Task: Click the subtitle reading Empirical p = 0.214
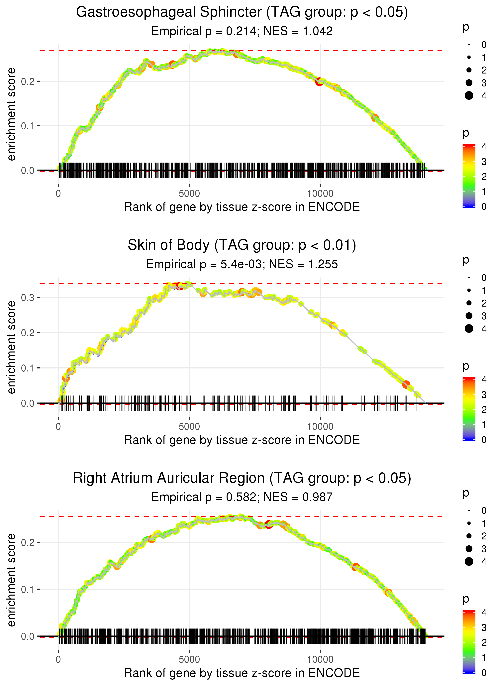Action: pyautogui.click(x=242, y=31)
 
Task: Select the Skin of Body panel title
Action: pyautogui.click(x=242, y=245)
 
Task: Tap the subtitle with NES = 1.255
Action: pyautogui.click(x=242, y=264)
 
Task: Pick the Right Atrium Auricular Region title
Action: pyautogui.click(x=242, y=478)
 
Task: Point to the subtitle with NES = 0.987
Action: pyautogui.click(x=242, y=497)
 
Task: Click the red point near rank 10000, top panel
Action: pyautogui.click(x=320, y=81)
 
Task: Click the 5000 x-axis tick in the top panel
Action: pyautogui.click(x=189, y=194)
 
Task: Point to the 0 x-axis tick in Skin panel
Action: pyautogui.click(x=58, y=427)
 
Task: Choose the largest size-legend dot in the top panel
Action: pyautogui.click(x=469, y=96)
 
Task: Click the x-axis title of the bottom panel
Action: pyautogui.click(x=242, y=673)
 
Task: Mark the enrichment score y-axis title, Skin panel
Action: pyautogui.click(x=11, y=347)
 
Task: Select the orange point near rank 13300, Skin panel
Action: pyautogui.click(x=406, y=384)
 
